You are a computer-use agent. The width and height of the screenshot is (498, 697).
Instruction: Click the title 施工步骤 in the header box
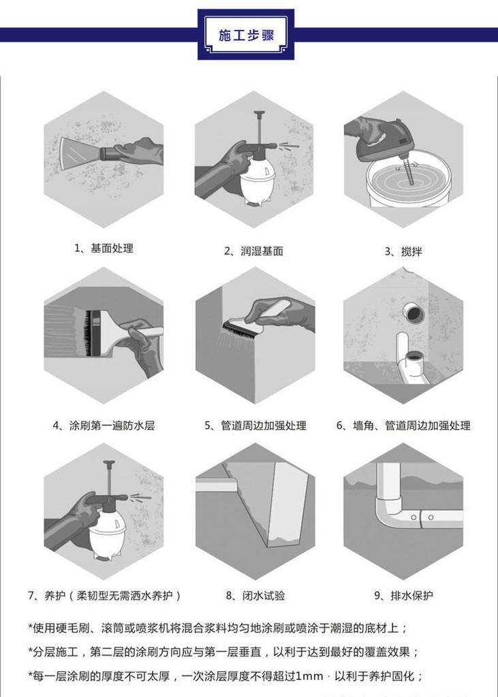tap(246, 35)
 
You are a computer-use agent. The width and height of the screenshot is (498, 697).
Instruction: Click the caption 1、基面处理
tap(104, 248)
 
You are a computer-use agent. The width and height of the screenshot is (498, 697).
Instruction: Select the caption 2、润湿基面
tap(253, 251)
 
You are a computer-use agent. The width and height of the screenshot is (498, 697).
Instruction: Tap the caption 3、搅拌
tap(403, 252)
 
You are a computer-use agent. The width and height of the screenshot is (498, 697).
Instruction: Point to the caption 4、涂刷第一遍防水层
tap(104, 425)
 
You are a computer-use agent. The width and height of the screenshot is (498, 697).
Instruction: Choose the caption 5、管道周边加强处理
tap(255, 425)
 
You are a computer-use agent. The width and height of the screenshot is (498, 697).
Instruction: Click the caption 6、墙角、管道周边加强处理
tap(403, 425)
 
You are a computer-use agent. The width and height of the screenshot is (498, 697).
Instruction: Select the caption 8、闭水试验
tap(255, 596)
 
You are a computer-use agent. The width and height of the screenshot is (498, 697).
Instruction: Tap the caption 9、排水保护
tap(403, 596)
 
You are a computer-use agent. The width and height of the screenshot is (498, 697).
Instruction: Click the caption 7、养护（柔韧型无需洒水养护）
tap(105, 596)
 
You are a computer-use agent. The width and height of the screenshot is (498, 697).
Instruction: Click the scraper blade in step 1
tap(81, 153)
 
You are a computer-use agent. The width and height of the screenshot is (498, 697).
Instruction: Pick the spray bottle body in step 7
tap(108, 534)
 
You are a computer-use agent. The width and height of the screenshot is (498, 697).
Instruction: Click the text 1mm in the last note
tap(310, 677)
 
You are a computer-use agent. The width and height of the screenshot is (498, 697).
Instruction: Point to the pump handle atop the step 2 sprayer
tap(259, 114)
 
